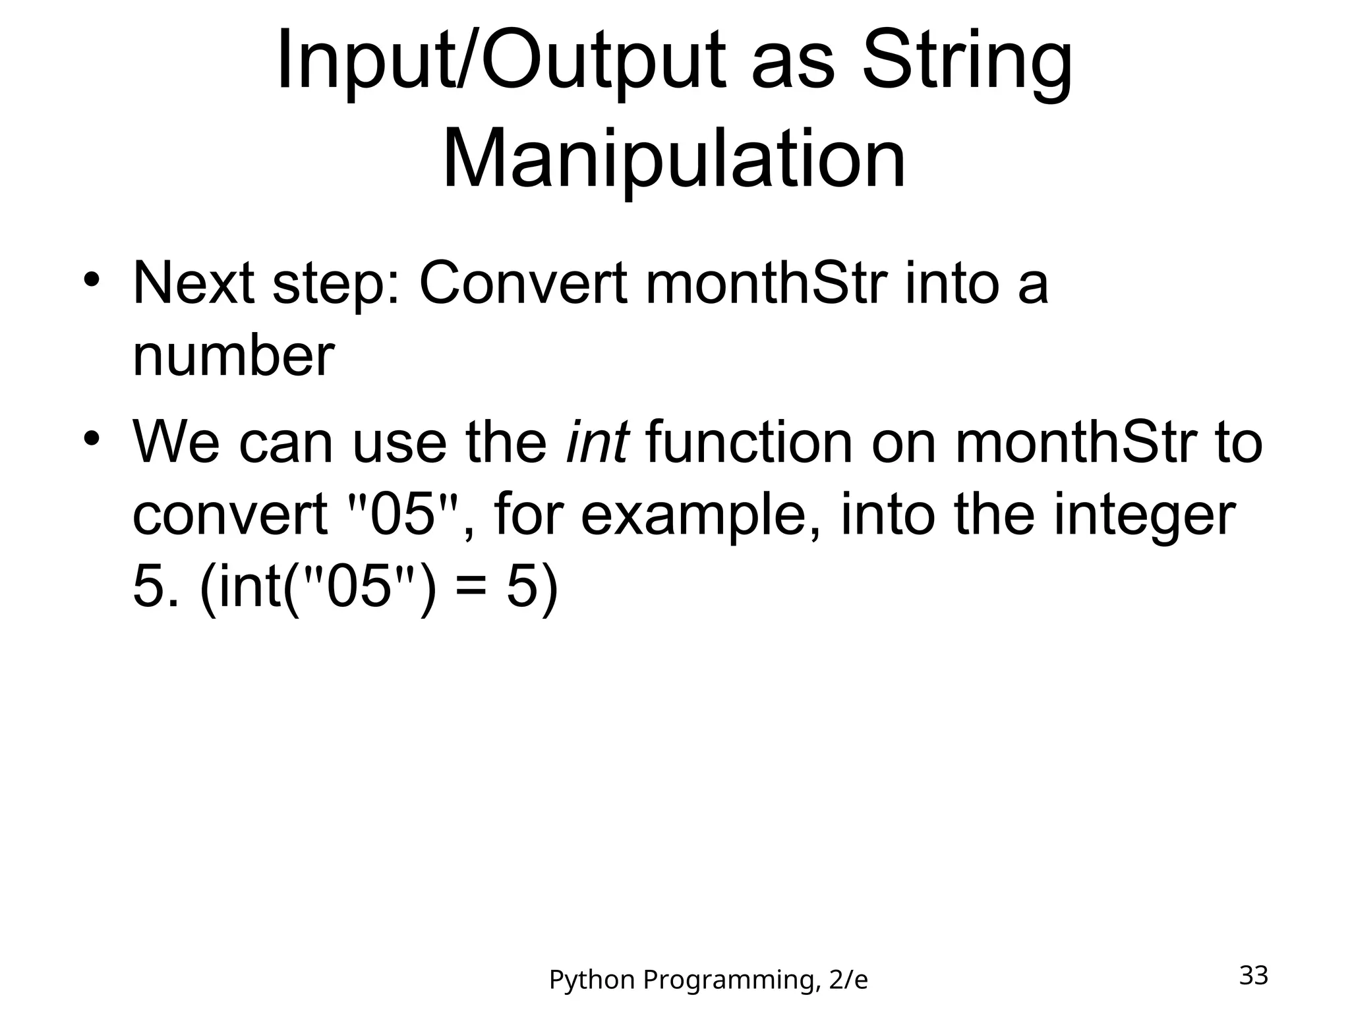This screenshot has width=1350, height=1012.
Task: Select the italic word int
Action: [597, 441]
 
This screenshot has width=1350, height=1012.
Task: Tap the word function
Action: [749, 441]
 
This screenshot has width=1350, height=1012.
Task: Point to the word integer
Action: [1143, 515]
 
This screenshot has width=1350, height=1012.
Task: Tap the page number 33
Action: [1253, 975]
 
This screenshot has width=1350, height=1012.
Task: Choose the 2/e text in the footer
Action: [848, 980]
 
